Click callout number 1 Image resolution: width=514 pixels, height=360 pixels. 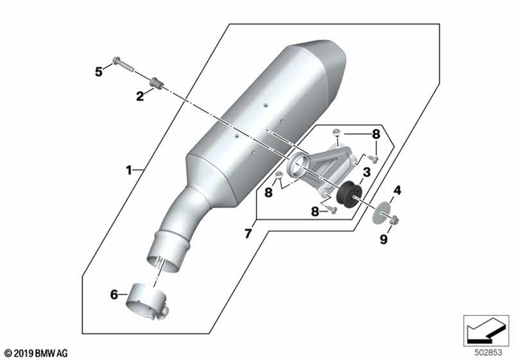128,170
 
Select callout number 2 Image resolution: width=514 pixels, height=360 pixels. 140,96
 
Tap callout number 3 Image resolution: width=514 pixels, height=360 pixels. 365,172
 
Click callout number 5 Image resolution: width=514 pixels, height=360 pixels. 99,72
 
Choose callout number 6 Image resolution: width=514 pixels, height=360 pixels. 114,294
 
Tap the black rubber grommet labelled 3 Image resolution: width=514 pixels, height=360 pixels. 349,194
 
